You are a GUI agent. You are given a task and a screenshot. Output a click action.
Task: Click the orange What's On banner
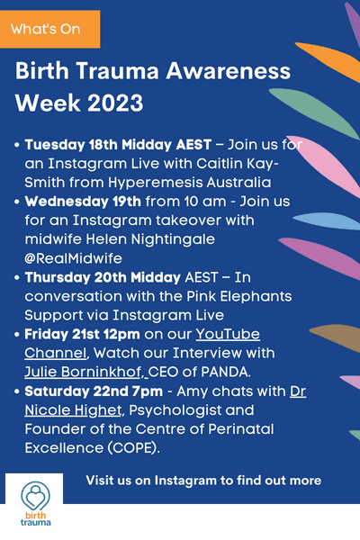(x=50, y=30)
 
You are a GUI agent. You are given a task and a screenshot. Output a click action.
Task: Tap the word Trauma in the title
(x=117, y=70)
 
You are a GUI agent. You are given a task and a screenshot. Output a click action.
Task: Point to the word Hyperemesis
(x=156, y=183)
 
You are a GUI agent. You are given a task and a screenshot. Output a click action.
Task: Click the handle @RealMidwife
(x=74, y=258)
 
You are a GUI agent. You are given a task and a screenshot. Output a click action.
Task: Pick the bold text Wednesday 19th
(x=83, y=202)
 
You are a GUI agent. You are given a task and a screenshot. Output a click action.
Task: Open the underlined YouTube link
(x=228, y=335)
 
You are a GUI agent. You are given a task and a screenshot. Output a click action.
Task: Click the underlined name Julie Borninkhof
(x=83, y=373)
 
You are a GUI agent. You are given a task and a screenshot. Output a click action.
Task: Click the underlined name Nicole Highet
(x=73, y=410)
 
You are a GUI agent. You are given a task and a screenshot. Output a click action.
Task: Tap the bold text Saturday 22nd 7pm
(x=94, y=391)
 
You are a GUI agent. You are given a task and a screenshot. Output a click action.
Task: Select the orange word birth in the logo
(x=35, y=515)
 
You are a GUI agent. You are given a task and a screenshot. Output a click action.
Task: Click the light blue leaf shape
(x=327, y=220)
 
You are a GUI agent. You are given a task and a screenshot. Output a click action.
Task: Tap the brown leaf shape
(x=335, y=337)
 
